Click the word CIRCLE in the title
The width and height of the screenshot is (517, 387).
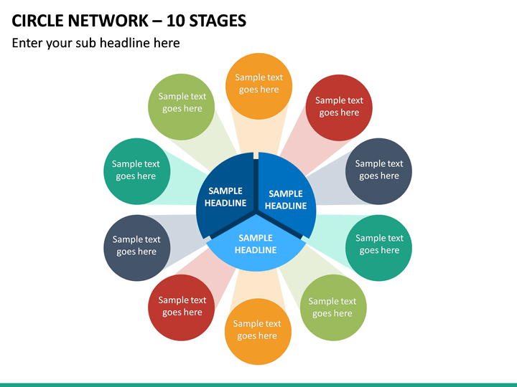(x=37, y=21)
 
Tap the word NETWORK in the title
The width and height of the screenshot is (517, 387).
(x=108, y=21)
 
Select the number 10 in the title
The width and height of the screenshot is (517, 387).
(x=176, y=21)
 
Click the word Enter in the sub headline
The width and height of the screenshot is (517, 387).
(x=27, y=43)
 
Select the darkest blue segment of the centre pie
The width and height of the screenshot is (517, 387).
(x=226, y=194)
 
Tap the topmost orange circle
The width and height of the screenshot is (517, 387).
(x=258, y=86)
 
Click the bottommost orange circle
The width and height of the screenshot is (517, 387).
(x=258, y=331)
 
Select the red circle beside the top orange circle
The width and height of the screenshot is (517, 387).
(x=339, y=108)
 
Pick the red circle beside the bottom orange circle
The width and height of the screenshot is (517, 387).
(x=182, y=307)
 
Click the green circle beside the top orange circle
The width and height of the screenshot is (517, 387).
(x=182, y=107)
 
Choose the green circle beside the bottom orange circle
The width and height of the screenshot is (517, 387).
(x=333, y=307)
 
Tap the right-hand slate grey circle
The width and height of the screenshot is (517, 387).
(x=378, y=171)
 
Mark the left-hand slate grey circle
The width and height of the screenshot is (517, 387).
(x=137, y=248)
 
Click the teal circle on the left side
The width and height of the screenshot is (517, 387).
(x=137, y=171)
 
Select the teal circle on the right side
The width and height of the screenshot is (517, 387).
(x=378, y=248)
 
